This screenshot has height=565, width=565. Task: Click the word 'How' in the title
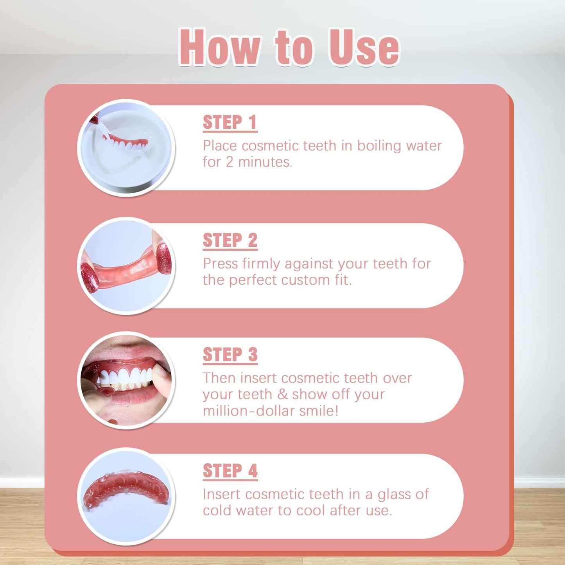(x=219, y=47)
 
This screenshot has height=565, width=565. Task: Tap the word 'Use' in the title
(x=364, y=48)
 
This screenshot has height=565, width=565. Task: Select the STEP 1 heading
(x=230, y=122)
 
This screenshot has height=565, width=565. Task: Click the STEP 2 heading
(x=230, y=240)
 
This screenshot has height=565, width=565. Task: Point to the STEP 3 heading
(x=230, y=355)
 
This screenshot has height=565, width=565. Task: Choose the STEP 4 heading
(x=230, y=471)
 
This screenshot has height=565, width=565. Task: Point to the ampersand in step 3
(x=282, y=395)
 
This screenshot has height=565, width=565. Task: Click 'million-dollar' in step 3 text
(x=249, y=411)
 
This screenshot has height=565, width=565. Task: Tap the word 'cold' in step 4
(x=217, y=511)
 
